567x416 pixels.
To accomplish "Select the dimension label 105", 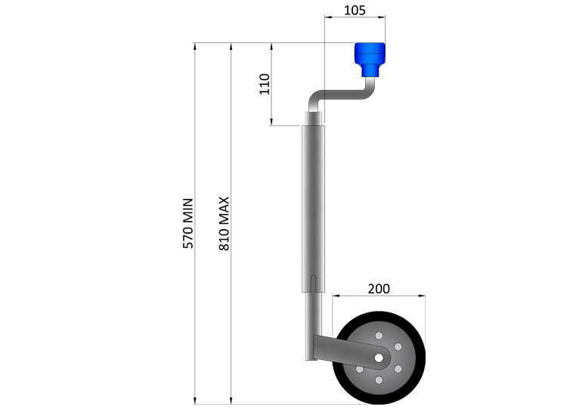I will pyautogui.click(x=354, y=10).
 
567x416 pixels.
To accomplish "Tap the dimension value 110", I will pyautogui.click(x=264, y=83).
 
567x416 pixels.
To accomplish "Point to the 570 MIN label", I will pyautogui.click(x=188, y=223).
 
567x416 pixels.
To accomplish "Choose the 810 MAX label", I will pyautogui.click(x=224, y=223).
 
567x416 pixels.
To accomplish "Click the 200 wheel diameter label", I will pyautogui.click(x=379, y=288).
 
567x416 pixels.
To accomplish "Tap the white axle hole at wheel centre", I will pyautogui.click(x=378, y=357).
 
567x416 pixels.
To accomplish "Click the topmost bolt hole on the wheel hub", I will pyautogui.click(x=378, y=334).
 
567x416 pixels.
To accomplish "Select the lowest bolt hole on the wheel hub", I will pyautogui.click(x=378, y=380).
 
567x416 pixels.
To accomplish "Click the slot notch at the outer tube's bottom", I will pyautogui.click(x=313, y=284).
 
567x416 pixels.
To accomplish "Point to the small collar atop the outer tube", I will pyautogui.click(x=313, y=119).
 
